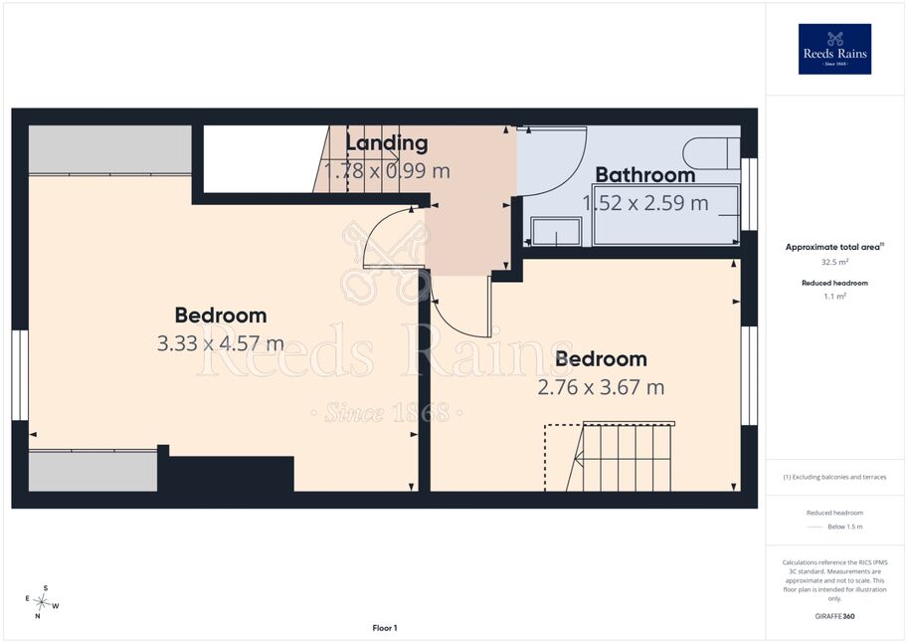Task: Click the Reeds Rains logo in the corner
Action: [x=834, y=49]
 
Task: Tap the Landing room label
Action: [x=387, y=142]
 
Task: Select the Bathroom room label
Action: [x=645, y=174]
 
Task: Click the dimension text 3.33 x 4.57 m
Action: [x=221, y=343]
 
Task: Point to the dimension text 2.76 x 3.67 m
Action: [x=601, y=387]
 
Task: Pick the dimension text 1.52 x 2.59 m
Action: [x=645, y=203]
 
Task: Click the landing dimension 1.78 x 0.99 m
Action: [x=387, y=171]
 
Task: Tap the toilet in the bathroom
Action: [x=712, y=153]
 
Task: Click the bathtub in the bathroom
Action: [x=666, y=214]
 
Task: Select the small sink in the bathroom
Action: [x=557, y=231]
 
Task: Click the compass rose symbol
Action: [x=42, y=602]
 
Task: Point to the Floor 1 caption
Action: [x=385, y=628]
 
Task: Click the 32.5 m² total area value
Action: [x=834, y=262]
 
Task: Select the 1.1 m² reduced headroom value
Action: [x=834, y=297]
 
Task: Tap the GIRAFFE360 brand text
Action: [x=834, y=616]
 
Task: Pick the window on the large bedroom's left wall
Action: [x=20, y=375]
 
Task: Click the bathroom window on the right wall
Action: [x=749, y=194]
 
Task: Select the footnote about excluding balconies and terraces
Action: [x=834, y=477]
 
